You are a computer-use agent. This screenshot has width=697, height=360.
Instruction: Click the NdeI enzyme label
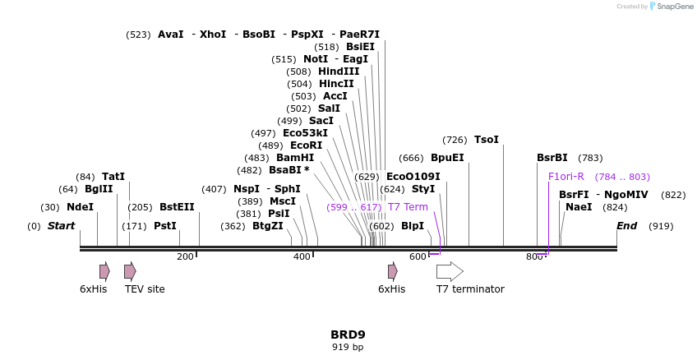pyautogui.click(x=80, y=207)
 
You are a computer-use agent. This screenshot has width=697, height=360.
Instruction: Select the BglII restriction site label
pyautogui.click(x=99, y=190)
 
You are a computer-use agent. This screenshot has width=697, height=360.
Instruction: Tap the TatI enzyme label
pyautogui.click(x=113, y=177)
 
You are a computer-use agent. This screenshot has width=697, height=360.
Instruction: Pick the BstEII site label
pyautogui.click(x=177, y=207)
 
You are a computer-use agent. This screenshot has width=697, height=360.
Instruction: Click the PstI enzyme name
pyautogui.click(x=165, y=226)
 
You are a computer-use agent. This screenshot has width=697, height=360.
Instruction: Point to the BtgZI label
pyautogui.click(x=267, y=226)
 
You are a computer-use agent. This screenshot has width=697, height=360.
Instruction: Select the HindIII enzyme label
pyautogui.click(x=339, y=72)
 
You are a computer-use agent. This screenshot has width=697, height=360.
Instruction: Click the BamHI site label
pyautogui.click(x=295, y=158)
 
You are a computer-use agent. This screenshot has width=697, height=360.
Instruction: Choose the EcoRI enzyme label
pyautogui.click(x=306, y=145)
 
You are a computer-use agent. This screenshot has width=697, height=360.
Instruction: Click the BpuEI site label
pyautogui.click(x=447, y=158)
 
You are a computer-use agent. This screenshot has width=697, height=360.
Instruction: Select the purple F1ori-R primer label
pyautogui.click(x=566, y=177)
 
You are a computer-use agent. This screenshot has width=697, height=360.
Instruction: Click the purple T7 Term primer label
pyautogui.click(x=408, y=207)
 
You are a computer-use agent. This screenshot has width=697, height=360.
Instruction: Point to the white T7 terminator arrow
pyautogui.click(x=450, y=271)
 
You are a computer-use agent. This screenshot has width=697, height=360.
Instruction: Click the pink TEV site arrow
pyautogui.click(x=130, y=271)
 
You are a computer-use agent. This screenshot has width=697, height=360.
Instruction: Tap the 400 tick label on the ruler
pyautogui.click(x=302, y=256)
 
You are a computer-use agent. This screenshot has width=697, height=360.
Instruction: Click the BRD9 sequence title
pyautogui.click(x=348, y=335)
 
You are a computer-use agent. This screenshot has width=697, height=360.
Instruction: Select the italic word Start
pyautogui.click(x=61, y=226)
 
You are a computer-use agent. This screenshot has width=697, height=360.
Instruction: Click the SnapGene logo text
pyautogui.click(x=674, y=7)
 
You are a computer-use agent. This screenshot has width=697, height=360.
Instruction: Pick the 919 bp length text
pyautogui.click(x=348, y=348)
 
